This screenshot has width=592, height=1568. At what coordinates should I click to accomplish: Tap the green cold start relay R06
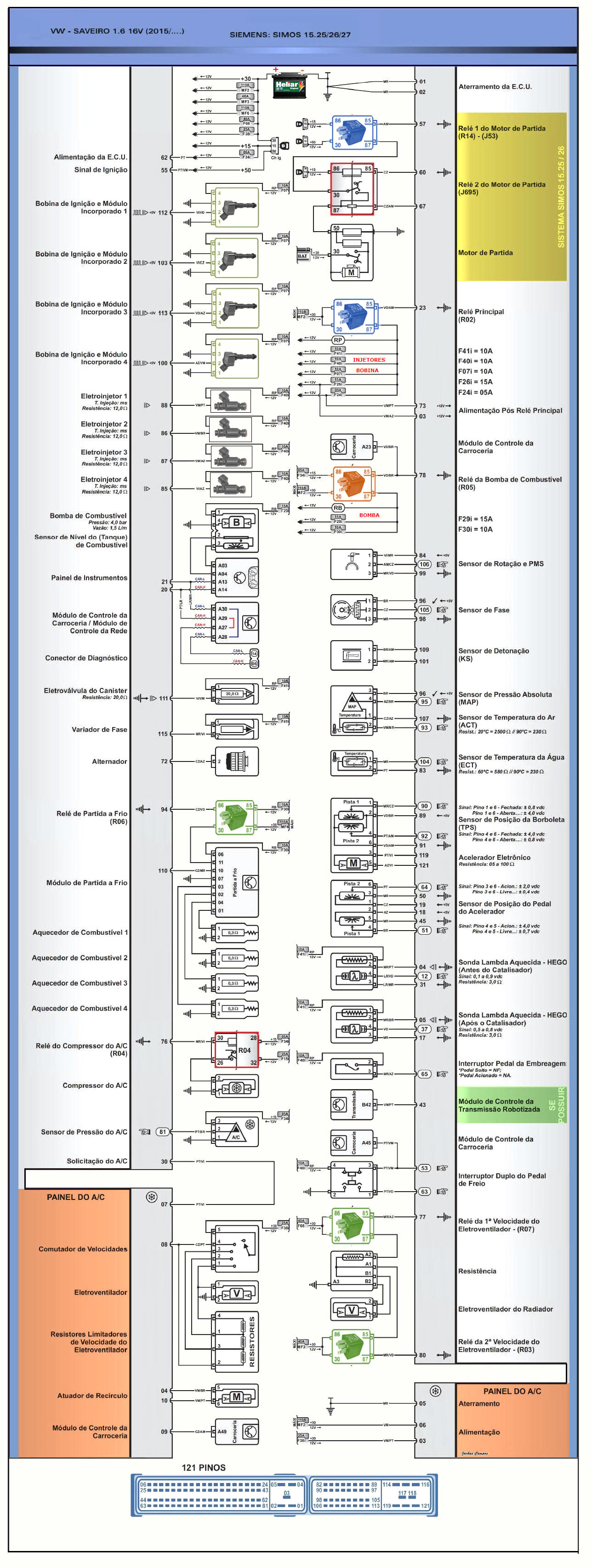click(235, 817)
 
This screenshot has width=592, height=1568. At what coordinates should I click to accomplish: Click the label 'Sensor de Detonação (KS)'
click(493, 654)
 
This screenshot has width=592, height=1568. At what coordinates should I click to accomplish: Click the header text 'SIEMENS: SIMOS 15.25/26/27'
click(290, 34)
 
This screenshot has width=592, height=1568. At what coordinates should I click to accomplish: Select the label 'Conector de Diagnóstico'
click(86, 658)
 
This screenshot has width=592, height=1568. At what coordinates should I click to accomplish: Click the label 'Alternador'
click(110, 761)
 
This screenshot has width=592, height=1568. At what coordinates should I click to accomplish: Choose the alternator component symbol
click(236, 761)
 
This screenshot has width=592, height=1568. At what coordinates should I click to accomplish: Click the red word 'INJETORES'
click(369, 360)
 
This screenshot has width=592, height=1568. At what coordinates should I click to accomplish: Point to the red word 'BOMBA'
click(369, 515)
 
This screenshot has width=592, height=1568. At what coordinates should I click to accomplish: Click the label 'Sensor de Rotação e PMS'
click(501, 564)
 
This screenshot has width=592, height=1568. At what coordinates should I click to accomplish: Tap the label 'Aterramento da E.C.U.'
click(495, 86)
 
